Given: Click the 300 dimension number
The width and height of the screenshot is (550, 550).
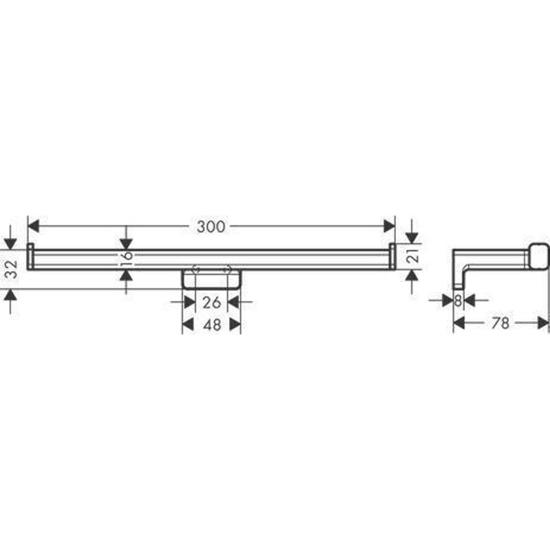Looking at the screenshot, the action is coord(211,227).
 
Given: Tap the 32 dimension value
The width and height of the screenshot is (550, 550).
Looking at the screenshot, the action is coord(12,269).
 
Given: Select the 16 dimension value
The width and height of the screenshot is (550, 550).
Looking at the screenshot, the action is coord(126,255).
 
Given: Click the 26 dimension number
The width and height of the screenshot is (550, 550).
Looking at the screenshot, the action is coord(212,302).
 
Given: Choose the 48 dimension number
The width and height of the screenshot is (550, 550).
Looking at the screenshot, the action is coord(212,324).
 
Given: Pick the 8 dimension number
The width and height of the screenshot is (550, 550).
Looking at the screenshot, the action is coord(458,300).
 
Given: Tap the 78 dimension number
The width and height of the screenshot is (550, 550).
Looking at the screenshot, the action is coord(500,322).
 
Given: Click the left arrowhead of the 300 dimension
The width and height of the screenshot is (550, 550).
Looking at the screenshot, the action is coord(33,226).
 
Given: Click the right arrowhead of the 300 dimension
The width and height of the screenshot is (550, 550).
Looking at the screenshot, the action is coord(389,226).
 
